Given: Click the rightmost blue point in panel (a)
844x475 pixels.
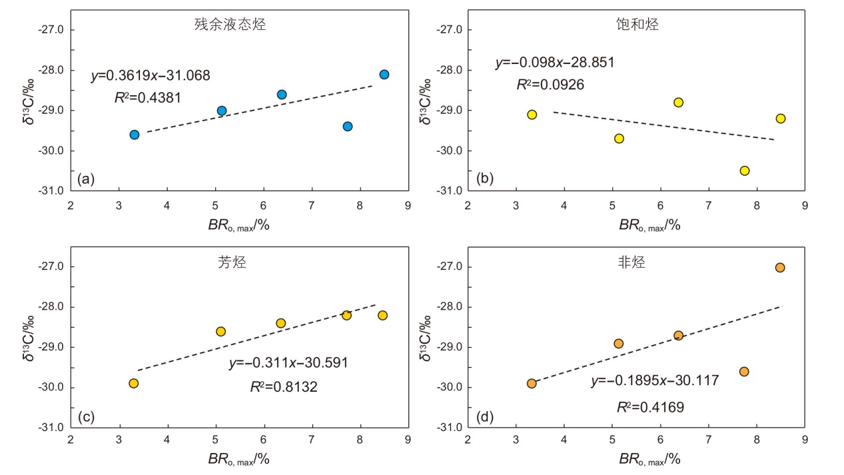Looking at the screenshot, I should [384, 75].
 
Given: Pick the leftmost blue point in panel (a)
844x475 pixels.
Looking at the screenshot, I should [135, 135].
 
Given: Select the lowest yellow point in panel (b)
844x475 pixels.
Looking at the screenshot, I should [745, 171].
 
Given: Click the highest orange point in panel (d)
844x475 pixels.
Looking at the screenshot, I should [780, 268].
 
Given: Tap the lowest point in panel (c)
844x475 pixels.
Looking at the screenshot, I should [134, 383].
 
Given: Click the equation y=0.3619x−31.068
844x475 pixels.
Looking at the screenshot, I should [151, 76].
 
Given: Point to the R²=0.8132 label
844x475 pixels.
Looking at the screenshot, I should [284, 387].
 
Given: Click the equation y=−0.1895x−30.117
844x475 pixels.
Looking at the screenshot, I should [655, 381].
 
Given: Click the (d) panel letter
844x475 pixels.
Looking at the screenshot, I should [486, 417].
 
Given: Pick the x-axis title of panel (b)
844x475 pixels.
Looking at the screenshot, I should [649, 225].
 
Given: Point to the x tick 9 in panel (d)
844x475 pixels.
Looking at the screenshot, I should [805, 440].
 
